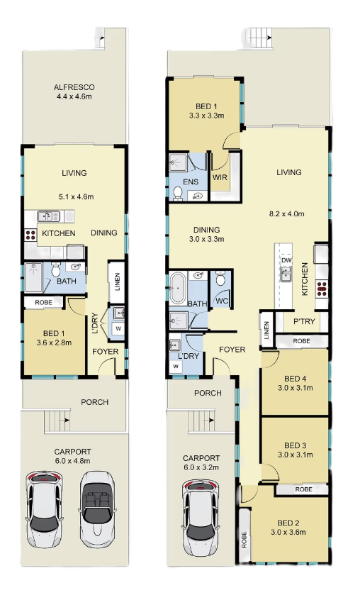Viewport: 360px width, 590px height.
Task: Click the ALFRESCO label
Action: pyautogui.click(x=74, y=87)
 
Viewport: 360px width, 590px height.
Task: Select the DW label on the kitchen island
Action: pyautogui.click(x=286, y=260)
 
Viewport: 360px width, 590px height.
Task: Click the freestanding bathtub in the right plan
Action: pyautogui.click(x=178, y=289)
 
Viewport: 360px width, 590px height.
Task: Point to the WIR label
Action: pyautogui.click(x=220, y=177)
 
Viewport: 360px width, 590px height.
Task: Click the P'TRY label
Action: pyautogui.click(x=304, y=321)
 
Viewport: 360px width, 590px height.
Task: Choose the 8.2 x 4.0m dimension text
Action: pyautogui.click(x=286, y=213)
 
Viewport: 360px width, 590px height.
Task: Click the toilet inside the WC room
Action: pyautogui.click(x=221, y=279)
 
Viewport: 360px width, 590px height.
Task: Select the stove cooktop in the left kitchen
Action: pyautogui.click(x=30, y=235)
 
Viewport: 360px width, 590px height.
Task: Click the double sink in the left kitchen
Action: pyautogui.click(x=48, y=216)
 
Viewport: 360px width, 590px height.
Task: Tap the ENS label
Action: pyautogui.click(x=191, y=182)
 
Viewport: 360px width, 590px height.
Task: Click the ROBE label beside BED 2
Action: pyautogui.click(x=244, y=539)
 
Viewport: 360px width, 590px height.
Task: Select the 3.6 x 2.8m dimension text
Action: pyautogui.click(x=54, y=343)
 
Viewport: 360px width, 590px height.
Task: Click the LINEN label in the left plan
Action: pyautogui.click(x=117, y=282)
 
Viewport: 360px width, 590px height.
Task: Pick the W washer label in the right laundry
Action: pyautogui.click(x=176, y=366)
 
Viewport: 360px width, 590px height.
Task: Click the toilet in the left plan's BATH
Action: pyautogui.click(x=56, y=269)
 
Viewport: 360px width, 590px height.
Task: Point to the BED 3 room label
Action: pyautogui.click(x=295, y=445)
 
